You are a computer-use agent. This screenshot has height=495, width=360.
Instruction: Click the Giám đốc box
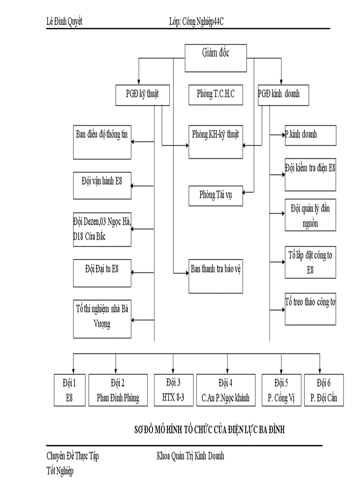click(x=216, y=58)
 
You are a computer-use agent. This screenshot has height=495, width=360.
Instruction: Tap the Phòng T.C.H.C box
click(x=216, y=94)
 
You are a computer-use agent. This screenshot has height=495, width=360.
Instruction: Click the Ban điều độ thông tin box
click(x=102, y=142)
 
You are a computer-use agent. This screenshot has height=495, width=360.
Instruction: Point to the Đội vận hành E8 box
click(x=102, y=185)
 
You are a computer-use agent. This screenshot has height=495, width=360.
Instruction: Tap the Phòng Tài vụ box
click(x=216, y=196)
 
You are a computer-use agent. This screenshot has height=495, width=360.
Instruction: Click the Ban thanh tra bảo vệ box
click(x=216, y=276)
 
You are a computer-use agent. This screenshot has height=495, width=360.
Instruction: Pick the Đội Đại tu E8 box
click(x=102, y=273)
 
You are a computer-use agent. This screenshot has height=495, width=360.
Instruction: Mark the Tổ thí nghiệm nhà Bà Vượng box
click(x=102, y=319)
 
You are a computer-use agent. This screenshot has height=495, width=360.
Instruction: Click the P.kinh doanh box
click(x=311, y=135)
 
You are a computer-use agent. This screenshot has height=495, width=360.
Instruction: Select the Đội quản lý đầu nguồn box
click(x=311, y=215)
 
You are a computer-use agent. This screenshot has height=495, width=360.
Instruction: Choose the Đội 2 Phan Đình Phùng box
click(x=118, y=390)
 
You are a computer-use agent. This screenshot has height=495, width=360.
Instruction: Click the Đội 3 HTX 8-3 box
click(x=173, y=390)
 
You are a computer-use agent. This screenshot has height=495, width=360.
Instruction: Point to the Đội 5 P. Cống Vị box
click(x=281, y=390)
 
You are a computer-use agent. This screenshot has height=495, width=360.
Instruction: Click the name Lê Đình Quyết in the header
click(x=64, y=22)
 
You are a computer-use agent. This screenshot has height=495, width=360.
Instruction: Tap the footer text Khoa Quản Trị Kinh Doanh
click(x=190, y=456)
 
